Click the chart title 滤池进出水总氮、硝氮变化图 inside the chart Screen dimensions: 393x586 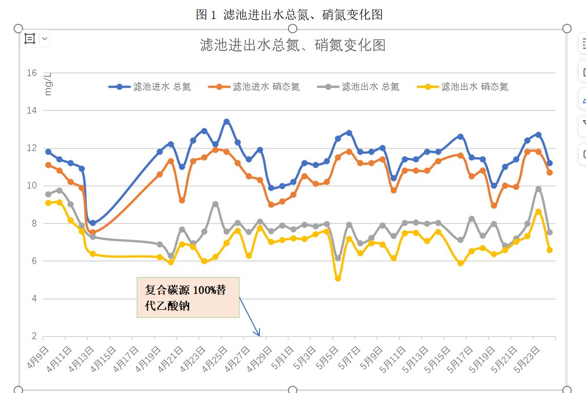tap(292, 45)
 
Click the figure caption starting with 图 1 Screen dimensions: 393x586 tap(289, 15)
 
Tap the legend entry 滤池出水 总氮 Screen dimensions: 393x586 tap(370, 87)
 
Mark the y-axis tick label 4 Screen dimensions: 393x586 tap(34, 299)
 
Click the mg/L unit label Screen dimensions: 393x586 tap(48, 85)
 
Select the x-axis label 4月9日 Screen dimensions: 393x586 tap(39, 358)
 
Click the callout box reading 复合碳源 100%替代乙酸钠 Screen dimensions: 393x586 tap(188, 297)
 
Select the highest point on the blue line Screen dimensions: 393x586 tap(226, 122)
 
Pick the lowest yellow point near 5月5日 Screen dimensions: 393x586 tap(338, 278)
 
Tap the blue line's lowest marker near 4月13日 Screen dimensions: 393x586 tap(93, 223)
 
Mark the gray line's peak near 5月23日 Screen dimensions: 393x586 tap(538, 189)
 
